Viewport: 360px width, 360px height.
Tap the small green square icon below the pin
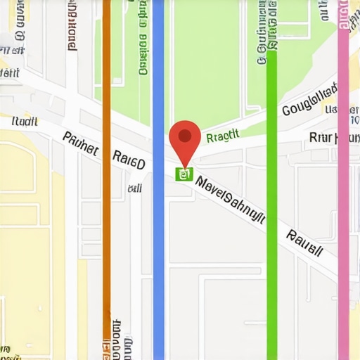[x=184, y=174]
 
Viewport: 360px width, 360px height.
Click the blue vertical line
[x=158, y=232]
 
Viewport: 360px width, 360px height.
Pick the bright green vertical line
[x=271, y=232]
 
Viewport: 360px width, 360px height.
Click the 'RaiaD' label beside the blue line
[x=129, y=160]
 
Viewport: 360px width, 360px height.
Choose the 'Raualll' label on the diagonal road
[x=305, y=243]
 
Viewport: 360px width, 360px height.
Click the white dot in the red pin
[x=186, y=134]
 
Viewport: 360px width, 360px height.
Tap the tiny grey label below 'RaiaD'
[x=134, y=188]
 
